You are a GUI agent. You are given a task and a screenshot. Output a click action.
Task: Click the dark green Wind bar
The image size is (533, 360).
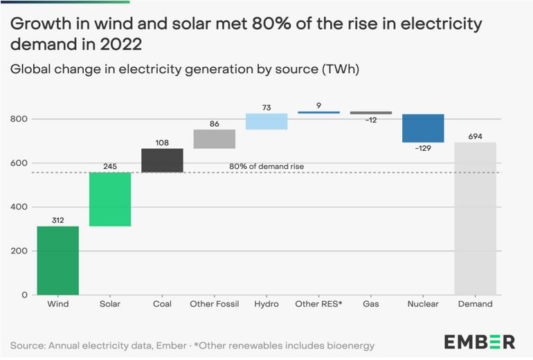[x=57, y=260]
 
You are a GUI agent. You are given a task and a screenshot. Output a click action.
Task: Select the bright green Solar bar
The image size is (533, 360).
[x=110, y=199]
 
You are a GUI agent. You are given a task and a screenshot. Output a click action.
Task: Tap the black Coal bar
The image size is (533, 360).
[x=162, y=160]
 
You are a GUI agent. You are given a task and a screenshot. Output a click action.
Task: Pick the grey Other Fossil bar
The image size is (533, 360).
[x=214, y=139]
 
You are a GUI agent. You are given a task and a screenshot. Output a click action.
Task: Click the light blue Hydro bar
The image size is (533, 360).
[x=266, y=121]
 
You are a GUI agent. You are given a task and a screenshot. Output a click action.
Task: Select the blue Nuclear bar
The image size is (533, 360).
[x=423, y=128]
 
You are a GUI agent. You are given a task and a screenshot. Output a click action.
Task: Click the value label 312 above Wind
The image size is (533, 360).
[x=57, y=220]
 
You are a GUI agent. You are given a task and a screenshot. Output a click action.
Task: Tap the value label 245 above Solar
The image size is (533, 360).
[x=110, y=166]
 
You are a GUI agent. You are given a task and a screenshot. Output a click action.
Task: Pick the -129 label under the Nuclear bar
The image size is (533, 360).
[x=423, y=148]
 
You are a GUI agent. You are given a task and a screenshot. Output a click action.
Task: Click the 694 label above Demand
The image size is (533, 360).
[x=475, y=136]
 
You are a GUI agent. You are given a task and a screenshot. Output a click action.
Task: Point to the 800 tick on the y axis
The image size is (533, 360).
[x=19, y=119]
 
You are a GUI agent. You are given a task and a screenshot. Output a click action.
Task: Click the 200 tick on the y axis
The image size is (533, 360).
[x=19, y=251]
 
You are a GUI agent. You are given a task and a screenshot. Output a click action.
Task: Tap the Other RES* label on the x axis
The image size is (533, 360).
[x=318, y=304]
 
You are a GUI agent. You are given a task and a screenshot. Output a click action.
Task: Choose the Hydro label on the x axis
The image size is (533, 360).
[x=266, y=304]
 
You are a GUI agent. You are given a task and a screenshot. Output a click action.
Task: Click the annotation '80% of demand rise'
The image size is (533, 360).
[x=266, y=167]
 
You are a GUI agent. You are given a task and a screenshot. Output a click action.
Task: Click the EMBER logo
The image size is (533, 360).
[x=479, y=341]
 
